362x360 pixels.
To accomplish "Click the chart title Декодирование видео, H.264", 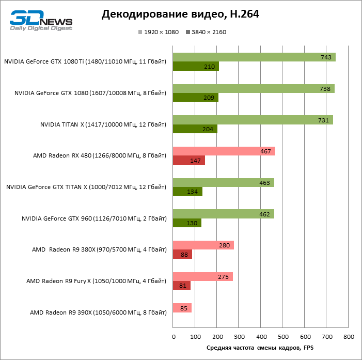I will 180,14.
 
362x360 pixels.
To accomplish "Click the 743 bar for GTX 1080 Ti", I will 254,57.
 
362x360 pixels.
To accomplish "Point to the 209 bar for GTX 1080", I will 195,98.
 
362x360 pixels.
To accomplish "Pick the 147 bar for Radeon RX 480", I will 188,161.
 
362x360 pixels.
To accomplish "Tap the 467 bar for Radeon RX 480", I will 224,151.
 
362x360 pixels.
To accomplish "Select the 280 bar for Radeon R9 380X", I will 203,245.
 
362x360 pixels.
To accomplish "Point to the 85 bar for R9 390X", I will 182,308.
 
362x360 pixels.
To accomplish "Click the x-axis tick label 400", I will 261,337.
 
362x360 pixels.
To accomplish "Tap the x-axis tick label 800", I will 349,337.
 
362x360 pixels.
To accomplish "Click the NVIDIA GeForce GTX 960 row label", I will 93,219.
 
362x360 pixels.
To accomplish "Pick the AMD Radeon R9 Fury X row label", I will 96,281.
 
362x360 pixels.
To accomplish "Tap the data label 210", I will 210,67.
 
